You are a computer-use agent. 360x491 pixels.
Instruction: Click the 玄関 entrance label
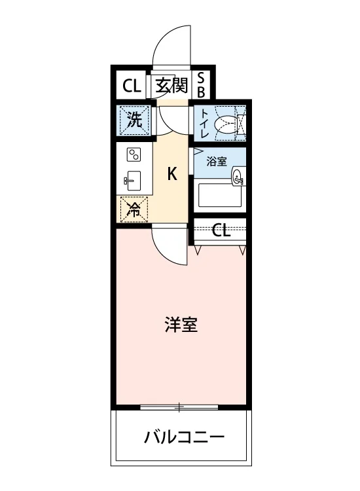pyautogui.click(x=171, y=85)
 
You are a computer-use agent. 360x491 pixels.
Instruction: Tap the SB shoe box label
pyautogui.click(x=201, y=84)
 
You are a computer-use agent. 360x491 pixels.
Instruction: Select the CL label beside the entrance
pyautogui.click(x=132, y=86)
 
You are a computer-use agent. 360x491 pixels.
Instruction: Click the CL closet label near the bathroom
pyautogui.click(x=221, y=231)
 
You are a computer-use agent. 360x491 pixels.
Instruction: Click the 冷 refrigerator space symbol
pyautogui.click(x=134, y=209)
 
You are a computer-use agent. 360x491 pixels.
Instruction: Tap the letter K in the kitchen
pyautogui.click(x=172, y=173)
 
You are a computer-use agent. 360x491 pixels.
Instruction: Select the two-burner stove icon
pyautogui.click(x=134, y=155)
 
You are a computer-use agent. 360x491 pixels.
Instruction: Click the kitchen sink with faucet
pyautogui.click(x=133, y=181)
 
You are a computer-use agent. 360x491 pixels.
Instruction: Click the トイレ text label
pyautogui.click(x=204, y=123)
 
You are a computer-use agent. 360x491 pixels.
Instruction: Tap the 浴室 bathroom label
pyautogui.click(x=217, y=162)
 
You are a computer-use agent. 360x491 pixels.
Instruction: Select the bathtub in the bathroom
pyautogui.click(x=220, y=195)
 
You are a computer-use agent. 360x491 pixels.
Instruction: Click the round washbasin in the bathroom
pyautogui.click(x=238, y=177)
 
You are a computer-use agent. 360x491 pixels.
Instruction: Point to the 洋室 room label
pyautogui.click(x=181, y=325)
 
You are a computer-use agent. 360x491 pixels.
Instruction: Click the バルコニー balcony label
pyautogui.click(x=184, y=437)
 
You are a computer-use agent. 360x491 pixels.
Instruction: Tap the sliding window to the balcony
pyautogui.click(x=179, y=407)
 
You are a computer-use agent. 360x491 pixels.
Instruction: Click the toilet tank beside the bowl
pyautogui.click(x=242, y=123)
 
